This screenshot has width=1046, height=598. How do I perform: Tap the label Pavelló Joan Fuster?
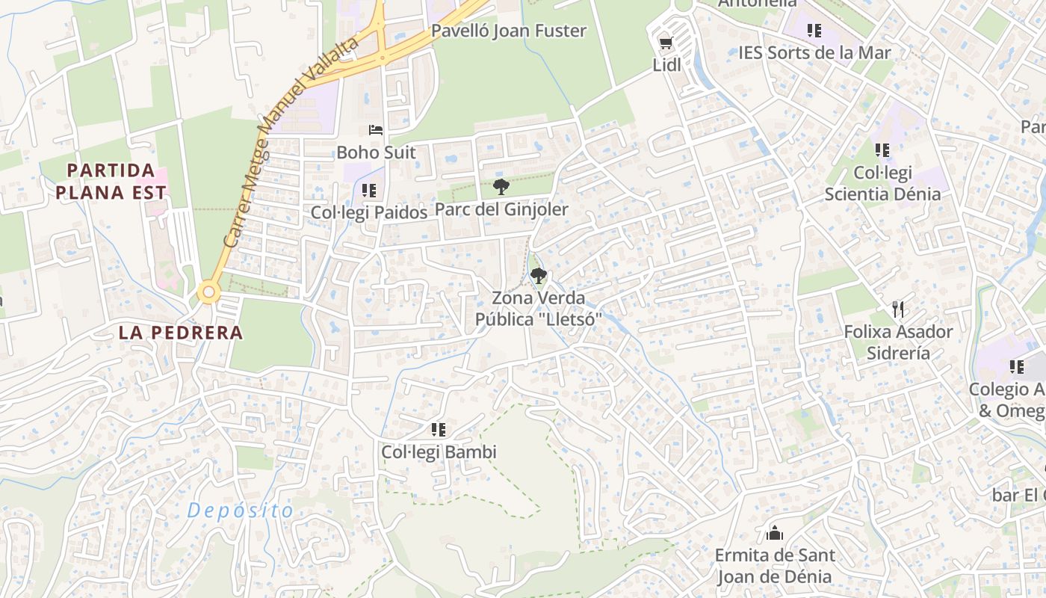pyautogui.click(x=509, y=31)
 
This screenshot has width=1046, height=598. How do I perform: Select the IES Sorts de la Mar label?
pyautogui.click(x=814, y=53)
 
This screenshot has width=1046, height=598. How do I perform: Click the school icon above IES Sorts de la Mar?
pyautogui.click(x=814, y=31)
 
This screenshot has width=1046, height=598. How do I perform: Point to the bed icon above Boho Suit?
pyautogui.click(x=376, y=131)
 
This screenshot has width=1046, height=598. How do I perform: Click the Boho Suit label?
pyautogui.click(x=376, y=152)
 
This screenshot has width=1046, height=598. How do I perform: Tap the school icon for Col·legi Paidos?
pyautogui.click(x=368, y=191)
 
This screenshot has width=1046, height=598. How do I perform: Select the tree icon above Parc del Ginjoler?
pyautogui.click(x=501, y=187)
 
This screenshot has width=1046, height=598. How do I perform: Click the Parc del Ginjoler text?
pyautogui.click(x=501, y=210)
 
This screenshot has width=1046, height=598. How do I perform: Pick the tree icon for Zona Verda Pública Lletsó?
pyautogui.click(x=538, y=276)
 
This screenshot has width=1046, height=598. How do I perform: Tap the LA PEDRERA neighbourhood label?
pyautogui.click(x=181, y=333)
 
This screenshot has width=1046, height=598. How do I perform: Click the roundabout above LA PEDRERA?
pyautogui.click(x=209, y=292)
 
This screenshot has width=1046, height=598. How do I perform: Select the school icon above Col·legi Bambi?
pyautogui.click(x=439, y=430)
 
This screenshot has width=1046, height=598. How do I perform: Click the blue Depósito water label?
pyautogui.click(x=241, y=511)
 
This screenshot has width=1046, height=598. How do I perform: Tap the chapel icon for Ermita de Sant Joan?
pyautogui.click(x=774, y=533)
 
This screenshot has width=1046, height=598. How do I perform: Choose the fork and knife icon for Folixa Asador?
pyautogui.click(x=898, y=309)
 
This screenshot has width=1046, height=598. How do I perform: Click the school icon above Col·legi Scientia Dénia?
pyautogui.click(x=882, y=150)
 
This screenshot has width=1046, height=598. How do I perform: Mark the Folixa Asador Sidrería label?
pyautogui.click(x=898, y=342)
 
